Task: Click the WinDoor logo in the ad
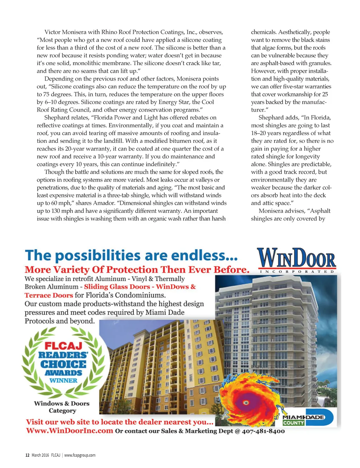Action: (x=296, y=258)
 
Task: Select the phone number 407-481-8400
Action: (x=263, y=431)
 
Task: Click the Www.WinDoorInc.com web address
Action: (x=70, y=431)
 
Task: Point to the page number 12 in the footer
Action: (x=27, y=455)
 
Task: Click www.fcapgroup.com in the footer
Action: (x=80, y=455)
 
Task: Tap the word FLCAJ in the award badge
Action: (x=63, y=346)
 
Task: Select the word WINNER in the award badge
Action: (x=63, y=380)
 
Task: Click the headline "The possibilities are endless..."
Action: (x=131, y=255)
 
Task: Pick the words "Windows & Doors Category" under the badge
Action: (x=62, y=407)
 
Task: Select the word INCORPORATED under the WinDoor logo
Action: (x=296, y=272)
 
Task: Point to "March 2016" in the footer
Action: (x=40, y=455)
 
